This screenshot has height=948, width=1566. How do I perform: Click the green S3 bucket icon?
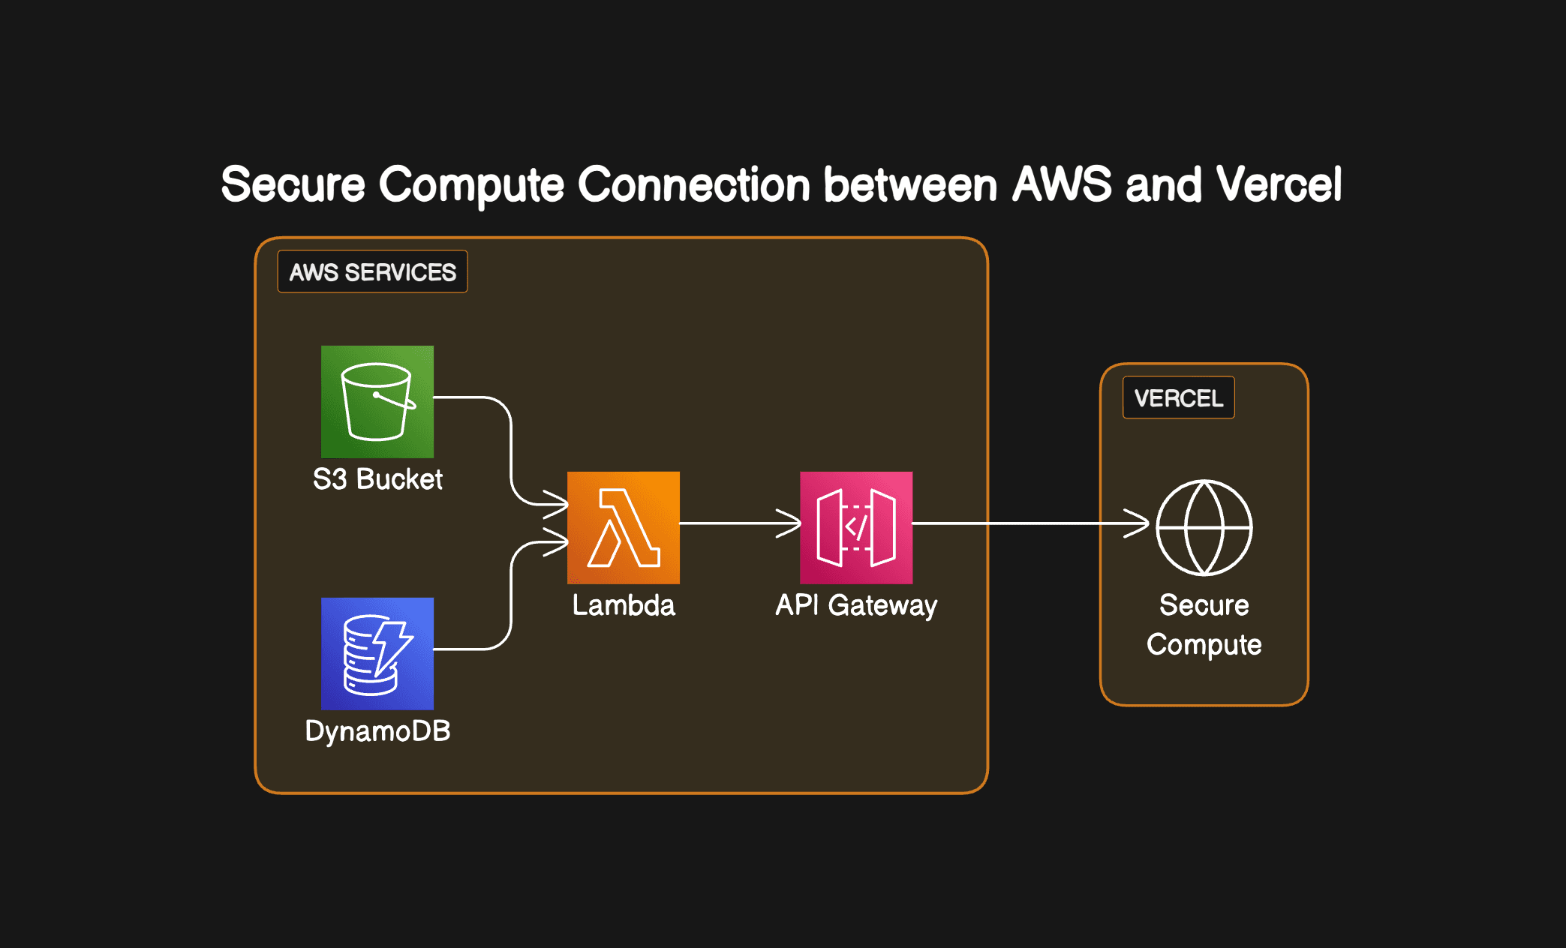(377, 401)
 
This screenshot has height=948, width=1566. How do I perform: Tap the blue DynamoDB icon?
(377, 653)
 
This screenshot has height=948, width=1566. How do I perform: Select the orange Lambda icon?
(624, 527)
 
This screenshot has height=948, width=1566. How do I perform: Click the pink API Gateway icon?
(856, 527)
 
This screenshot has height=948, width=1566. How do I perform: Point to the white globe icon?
(1204, 527)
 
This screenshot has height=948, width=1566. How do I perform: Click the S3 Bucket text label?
(377, 479)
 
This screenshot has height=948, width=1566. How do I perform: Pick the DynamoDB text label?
(377, 731)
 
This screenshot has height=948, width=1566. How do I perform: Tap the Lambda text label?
(624, 605)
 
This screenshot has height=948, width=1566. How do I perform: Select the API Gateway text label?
(856, 605)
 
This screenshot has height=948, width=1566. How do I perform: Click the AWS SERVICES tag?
(373, 271)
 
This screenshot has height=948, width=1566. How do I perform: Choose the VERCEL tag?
(1179, 397)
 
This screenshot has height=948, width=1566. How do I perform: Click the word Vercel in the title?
(1279, 184)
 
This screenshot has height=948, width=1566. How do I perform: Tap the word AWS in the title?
(1062, 184)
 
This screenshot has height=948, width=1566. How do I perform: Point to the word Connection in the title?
(694, 184)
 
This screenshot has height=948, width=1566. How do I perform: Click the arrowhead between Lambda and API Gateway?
(790, 523)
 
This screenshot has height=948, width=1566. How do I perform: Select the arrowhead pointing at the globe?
(1138, 523)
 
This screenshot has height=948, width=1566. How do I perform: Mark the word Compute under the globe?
(1204, 645)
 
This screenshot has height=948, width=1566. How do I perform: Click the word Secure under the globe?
(1204, 605)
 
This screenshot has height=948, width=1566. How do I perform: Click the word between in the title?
(910, 184)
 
